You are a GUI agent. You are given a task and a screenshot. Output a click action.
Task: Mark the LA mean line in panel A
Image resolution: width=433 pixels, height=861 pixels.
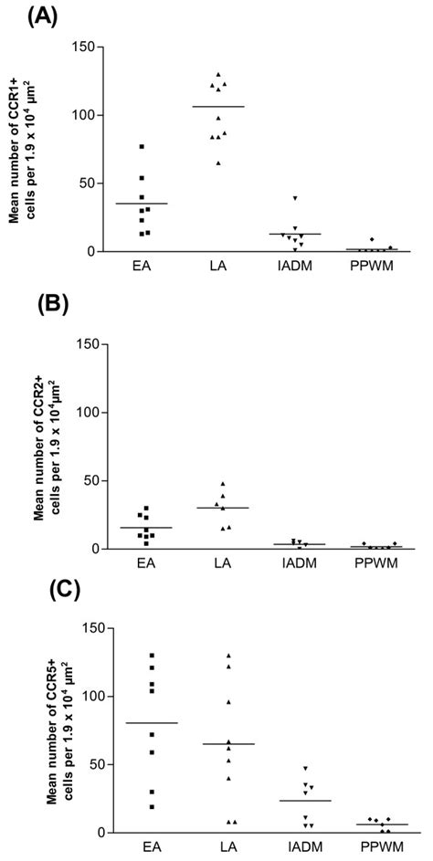click(x=217, y=107)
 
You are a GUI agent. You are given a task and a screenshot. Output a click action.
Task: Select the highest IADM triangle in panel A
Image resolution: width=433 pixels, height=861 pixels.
click(x=294, y=198)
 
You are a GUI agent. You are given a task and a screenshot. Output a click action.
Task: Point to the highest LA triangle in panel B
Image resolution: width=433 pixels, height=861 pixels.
click(x=223, y=484)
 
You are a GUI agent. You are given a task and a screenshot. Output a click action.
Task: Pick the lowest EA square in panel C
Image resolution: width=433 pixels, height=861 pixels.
click(x=141, y=806)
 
